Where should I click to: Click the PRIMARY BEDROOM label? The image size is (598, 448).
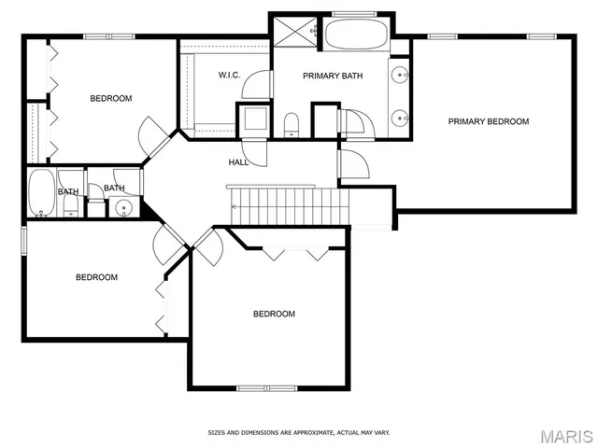pyautogui.click(x=488, y=121)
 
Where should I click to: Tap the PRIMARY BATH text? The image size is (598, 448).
pyautogui.click(x=333, y=77)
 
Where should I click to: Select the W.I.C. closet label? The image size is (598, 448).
pyautogui.click(x=231, y=74)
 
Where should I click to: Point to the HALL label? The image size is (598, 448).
pyautogui.click(x=238, y=162)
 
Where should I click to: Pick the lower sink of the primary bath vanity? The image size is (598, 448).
pyautogui.click(x=400, y=118)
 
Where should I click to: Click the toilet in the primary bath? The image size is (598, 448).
pyautogui.click(x=291, y=123)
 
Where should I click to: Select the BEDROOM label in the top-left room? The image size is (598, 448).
pyautogui.click(x=110, y=98)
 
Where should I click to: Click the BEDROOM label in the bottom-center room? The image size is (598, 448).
pyautogui.click(x=274, y=314)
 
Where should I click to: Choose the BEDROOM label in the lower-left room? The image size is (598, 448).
pyautogui.click(x=96, y=277)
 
